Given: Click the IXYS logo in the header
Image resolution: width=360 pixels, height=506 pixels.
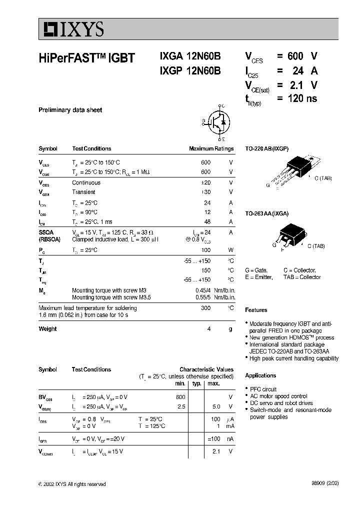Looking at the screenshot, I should [x=72, y=30].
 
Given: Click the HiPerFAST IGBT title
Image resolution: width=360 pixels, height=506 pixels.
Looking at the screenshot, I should [x=86, y=57].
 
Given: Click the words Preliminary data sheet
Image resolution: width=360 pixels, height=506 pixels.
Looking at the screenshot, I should [x=70, y=110].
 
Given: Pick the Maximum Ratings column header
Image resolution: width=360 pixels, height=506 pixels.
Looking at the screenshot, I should [x=211, y=148].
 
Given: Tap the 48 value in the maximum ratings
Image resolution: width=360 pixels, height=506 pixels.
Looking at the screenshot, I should [x=207, y=221].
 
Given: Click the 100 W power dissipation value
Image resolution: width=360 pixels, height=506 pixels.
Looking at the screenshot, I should [x=205, y=249].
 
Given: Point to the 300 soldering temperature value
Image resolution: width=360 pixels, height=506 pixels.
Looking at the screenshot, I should [x=205, y=308].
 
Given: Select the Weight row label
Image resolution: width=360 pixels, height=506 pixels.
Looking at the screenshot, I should [x=47, y=329].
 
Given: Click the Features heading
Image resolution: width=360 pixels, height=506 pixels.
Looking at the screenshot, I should [x=256, y=310].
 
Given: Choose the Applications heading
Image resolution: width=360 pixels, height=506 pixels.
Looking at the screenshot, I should [x=260, y=375].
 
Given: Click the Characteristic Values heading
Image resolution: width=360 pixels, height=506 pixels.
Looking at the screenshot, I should [x=206, y=369].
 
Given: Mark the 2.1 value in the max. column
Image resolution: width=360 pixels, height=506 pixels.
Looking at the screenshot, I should [x=216, y=451].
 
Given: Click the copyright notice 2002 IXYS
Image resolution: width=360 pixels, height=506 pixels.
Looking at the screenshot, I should [x=72, y=484].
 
